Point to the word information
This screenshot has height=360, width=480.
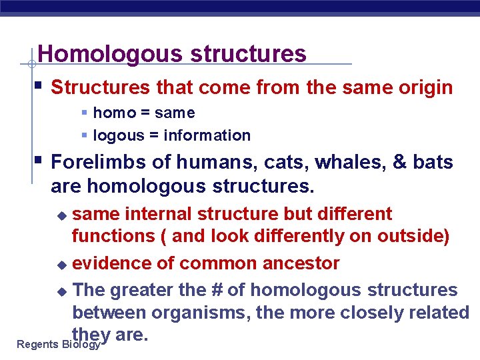207,135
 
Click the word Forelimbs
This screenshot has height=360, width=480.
93,162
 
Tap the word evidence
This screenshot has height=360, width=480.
112,263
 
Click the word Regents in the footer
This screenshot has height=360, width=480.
37,345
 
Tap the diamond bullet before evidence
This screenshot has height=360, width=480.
62,265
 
